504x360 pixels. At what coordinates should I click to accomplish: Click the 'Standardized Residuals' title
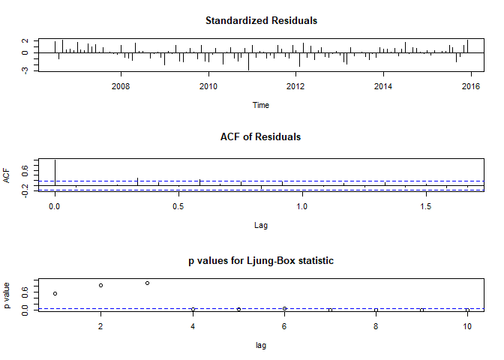pos(261,20)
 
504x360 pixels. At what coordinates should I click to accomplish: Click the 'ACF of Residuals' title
pos(261,136)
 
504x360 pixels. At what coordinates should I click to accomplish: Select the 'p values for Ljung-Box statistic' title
pos(261,260)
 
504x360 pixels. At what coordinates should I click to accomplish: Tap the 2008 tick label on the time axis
pos(121,86)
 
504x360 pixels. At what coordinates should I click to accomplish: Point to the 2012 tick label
pos(295,86)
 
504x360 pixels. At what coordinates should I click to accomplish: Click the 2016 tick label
pos(471,86)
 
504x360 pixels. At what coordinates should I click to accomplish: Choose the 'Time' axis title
pos(261,105)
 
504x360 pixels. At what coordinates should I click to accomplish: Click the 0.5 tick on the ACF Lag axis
pos(178,205)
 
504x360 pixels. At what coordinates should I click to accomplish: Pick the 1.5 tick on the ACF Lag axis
pos(425,205)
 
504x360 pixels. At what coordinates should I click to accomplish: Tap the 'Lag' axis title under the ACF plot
pos(261,224)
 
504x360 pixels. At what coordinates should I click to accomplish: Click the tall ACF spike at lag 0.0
pos(55,172)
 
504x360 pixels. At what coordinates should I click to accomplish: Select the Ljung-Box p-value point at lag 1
pos(55,293)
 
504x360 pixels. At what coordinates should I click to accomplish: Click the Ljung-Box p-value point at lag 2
pos(100,285)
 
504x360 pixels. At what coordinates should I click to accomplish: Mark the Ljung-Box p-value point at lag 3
pos(147,283)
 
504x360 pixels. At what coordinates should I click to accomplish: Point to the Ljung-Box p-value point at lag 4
pos(193,309)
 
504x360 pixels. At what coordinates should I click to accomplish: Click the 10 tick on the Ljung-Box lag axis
pos(467,327)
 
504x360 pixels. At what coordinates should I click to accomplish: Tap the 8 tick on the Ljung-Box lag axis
pos(376,327)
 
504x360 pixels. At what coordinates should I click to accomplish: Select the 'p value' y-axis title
pos(7,295)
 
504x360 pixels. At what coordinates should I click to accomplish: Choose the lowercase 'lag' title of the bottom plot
pos(261,346)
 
